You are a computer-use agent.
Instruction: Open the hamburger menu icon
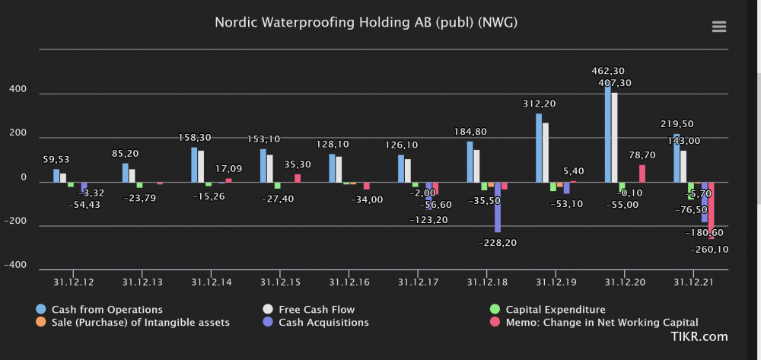[x=718, y=27]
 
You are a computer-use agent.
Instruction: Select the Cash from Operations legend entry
[x=107, y=310]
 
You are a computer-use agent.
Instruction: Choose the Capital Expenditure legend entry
[x=555, y=310]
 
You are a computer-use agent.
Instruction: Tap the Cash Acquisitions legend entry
[x=324, y=323]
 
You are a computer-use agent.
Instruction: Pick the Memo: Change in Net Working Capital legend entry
[x=601, y=323]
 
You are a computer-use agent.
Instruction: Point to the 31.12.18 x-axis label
[x=486, y=282]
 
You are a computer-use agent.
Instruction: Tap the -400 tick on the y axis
[x=18, y=266]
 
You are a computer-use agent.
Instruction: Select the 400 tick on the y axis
[x=18, y=90]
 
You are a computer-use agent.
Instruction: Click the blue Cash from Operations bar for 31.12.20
[x=608, y=133]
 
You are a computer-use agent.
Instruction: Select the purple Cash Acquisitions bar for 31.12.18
[x=498, y=207]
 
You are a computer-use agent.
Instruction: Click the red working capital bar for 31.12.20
[x=642, y=174]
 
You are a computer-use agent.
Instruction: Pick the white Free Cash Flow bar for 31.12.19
[x=546, y=152]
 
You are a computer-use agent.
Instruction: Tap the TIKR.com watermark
[x=699, y=337]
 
